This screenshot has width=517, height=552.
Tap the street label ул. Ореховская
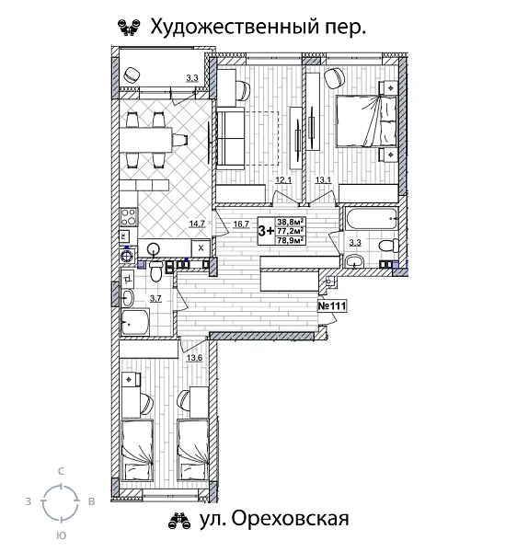coord(273,521)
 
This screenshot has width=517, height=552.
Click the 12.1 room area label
coord(283,180)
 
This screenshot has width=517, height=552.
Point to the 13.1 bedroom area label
coord(323,180)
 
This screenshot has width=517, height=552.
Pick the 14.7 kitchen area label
coord(196,223)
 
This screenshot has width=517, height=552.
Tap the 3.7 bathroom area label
coord(156,298)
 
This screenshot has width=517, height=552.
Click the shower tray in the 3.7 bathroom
coord(136,321)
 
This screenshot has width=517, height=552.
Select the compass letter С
coord(61,471)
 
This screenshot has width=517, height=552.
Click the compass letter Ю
coord(60,535)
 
